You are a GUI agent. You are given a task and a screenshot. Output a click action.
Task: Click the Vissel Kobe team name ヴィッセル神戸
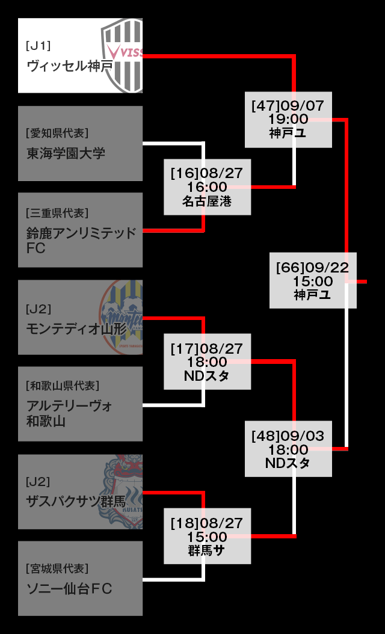click(70, 66)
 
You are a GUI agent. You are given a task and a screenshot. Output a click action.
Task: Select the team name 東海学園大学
click(66, 153)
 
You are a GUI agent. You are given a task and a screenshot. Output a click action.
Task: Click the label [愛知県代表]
click(57, 133)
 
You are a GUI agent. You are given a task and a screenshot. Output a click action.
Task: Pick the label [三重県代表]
click(57, 213)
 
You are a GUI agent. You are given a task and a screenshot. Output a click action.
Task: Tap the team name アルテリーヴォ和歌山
click(69, 413)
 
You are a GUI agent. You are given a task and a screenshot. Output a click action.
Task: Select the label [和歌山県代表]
click(63, 386)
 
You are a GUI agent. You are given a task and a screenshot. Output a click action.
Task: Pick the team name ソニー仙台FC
click(69, 588)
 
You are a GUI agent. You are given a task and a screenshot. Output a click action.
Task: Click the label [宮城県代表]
click(57, 568)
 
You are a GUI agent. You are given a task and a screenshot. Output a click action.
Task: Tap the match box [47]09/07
click(288, 119)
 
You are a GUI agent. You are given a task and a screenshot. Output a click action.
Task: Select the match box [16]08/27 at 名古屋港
click(207, 187)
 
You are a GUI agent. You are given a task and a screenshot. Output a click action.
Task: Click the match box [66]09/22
click(313, 280)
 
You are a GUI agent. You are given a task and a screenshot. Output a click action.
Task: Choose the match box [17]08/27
click(207, 362)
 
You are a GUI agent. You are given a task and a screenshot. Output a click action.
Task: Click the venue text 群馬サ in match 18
click(206, 550)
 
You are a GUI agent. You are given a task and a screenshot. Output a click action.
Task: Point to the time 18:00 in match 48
click(288, 450)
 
